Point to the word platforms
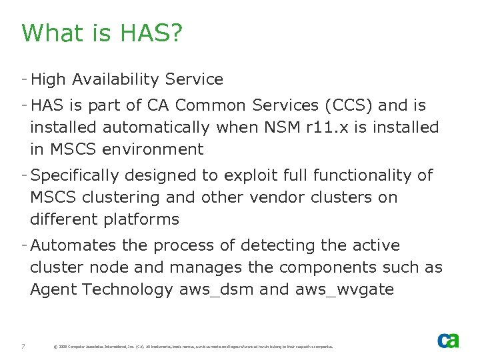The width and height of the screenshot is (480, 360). tap(140, 219)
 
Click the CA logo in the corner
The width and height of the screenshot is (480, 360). tap(448, 341)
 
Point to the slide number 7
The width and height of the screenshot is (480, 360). tap(23, 346)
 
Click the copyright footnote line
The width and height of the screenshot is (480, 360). tap(193, 347)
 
